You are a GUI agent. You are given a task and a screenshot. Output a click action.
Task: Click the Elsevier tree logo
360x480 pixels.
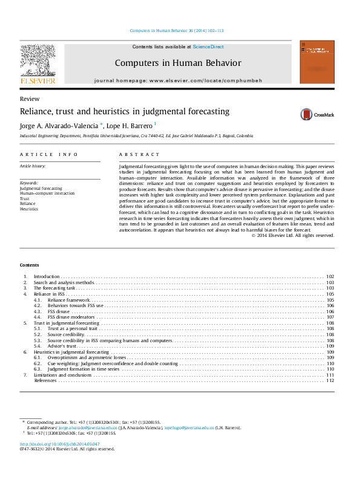coord(38,60)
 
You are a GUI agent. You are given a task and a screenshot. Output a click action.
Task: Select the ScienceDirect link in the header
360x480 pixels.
coord(208,47)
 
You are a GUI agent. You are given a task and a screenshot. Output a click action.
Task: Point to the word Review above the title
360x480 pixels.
coord(30,99)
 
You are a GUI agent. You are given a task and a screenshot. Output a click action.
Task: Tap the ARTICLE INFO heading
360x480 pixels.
coord(49,154)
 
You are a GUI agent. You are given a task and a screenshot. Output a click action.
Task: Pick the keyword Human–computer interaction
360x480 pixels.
coord(47,193)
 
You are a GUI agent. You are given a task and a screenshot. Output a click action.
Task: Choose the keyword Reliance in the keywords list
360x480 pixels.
coord(28,204)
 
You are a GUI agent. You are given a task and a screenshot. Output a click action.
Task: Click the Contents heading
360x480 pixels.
coord(29,265)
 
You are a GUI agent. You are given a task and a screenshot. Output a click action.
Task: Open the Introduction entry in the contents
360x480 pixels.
coord(47,276)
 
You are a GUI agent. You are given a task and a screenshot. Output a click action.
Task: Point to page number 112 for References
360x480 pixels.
coord(330,381)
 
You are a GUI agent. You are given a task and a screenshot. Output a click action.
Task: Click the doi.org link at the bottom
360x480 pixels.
coord(59,444)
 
